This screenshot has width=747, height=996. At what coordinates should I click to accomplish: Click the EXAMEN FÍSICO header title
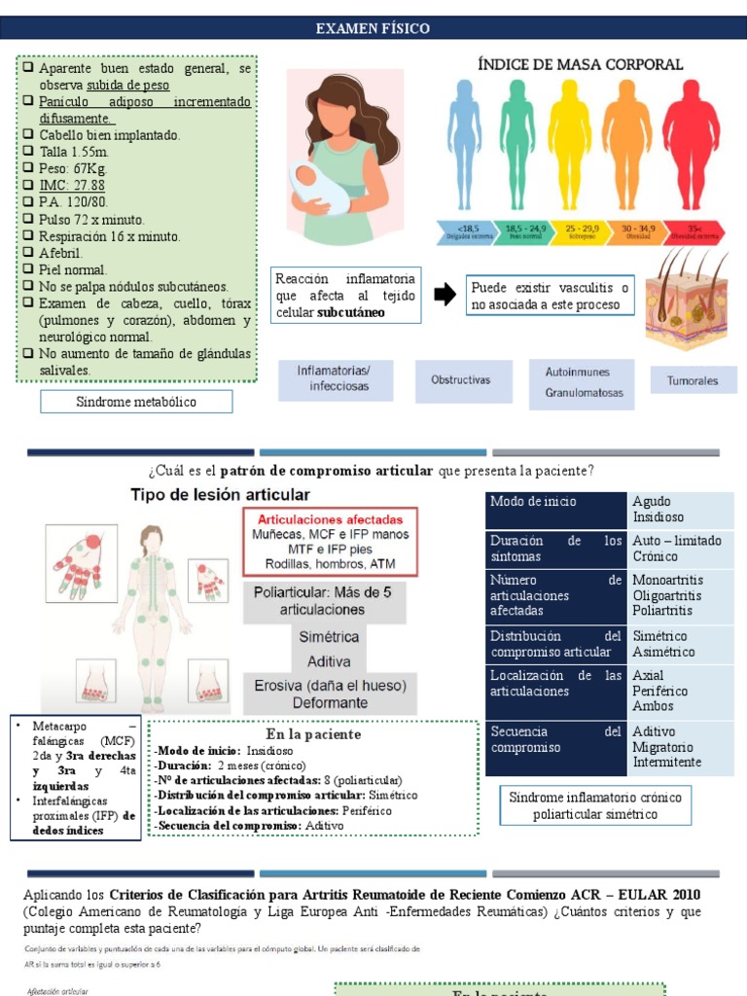click(373, 29)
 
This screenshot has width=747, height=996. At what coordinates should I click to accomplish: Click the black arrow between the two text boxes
click(444, 295)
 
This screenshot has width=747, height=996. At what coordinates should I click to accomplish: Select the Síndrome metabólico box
click(136, 402)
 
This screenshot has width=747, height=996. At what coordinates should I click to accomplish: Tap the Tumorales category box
click(693, 380)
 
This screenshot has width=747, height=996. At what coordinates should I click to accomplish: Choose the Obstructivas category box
click(460, 379)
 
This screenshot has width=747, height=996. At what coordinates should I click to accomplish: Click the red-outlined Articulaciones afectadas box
click(330, 540)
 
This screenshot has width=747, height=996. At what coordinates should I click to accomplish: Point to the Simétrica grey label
click(328, 637)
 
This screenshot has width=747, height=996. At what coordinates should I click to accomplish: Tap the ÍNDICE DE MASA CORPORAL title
click(580, 65)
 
